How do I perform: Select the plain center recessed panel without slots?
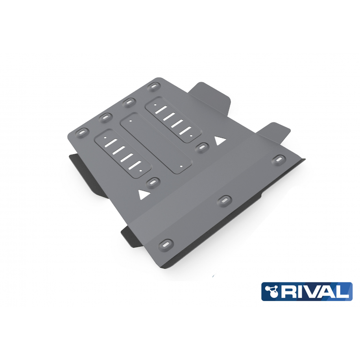pos(156,144)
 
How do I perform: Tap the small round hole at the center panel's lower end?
pos(181,166)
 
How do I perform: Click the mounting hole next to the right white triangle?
pos(202,147)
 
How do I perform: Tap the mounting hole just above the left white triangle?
pos(153,182)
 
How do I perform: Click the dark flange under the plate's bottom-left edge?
pos(132,237)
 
